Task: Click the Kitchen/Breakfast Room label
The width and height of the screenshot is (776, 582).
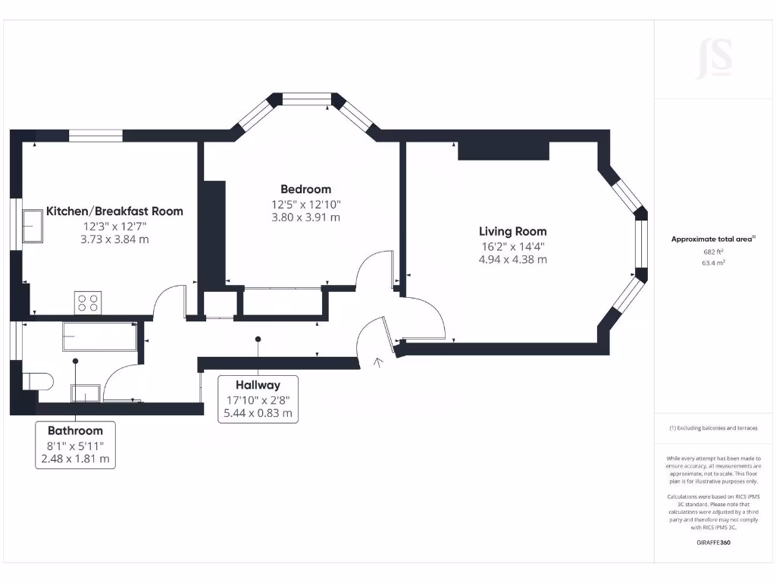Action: pos(114,211)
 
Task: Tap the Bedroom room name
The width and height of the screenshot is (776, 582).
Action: pos(305,189)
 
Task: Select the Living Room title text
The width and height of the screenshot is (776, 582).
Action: pos(512,231)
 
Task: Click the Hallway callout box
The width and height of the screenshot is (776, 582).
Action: pos(258,399)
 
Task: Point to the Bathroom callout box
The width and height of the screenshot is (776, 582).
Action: pos(75,444)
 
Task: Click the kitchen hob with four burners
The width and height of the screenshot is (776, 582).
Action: pos(87,303)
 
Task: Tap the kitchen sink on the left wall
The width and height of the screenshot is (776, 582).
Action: pos(32,226)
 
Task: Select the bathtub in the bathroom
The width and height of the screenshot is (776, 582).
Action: pos(99,336)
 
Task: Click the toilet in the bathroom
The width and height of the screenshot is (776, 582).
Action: pos(38,380)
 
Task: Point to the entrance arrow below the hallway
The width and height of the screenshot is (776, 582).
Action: pos(379,363)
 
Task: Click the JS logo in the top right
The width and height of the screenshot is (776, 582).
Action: pos(714,59)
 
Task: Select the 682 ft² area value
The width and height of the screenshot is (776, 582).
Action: pos(713,252)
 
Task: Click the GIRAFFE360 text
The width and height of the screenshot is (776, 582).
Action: pos(713,543)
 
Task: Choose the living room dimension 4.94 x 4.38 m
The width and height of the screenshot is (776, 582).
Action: pos(512,259)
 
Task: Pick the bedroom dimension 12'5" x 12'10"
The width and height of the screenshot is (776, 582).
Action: pos(305,204)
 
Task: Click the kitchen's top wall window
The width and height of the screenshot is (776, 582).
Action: pos(96,136)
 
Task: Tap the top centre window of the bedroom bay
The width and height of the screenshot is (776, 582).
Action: pos(306,99)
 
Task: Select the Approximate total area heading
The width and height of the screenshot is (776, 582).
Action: pos(713,239)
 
